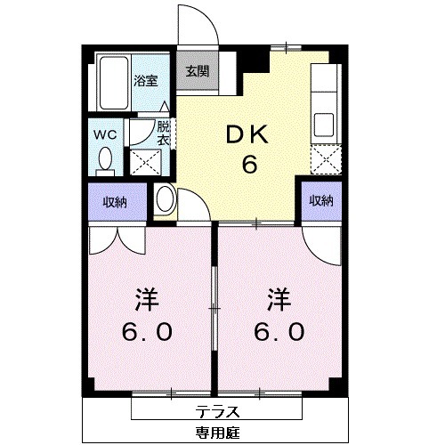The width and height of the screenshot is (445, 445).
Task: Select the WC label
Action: click(x=105, y=134)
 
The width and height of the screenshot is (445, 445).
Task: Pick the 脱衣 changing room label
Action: click(x=163, y=133)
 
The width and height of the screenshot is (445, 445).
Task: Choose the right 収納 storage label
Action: click(x=320, y=201)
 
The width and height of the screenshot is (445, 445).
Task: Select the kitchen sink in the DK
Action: click(x=322, y=122)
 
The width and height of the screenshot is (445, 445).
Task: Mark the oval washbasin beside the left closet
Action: click(x=165, y=199)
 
